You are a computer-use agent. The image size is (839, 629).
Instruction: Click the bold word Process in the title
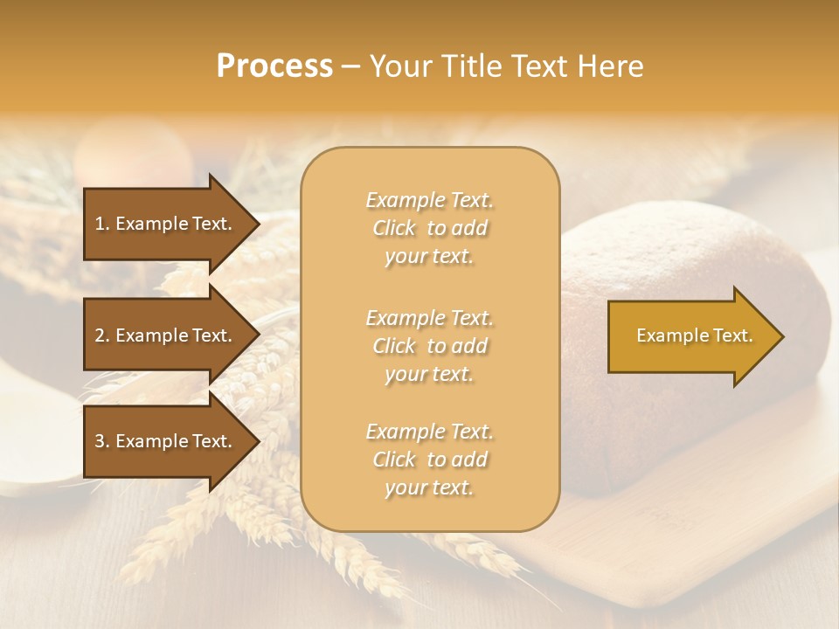[274, 66]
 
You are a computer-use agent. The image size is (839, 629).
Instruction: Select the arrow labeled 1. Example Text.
[166, 224]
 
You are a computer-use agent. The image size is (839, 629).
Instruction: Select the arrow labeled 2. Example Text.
[166, 335]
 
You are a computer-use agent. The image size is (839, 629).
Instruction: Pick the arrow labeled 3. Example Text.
[166, 441]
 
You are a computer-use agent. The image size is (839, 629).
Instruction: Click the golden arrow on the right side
[690, 336]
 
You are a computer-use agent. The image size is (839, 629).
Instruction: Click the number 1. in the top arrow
[102, 224]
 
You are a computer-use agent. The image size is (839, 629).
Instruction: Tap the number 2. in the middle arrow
[102, 335]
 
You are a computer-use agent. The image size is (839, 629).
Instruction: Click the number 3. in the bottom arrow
[102, 441]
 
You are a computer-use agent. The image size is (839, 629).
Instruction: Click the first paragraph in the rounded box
[429, 228]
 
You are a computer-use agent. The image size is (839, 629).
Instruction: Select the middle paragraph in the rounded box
[429, 345]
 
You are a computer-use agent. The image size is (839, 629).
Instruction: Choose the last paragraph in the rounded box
[429, 460]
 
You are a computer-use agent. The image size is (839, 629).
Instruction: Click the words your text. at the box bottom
[429, 487]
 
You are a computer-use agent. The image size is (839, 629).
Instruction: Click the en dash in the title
[351, 67]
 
